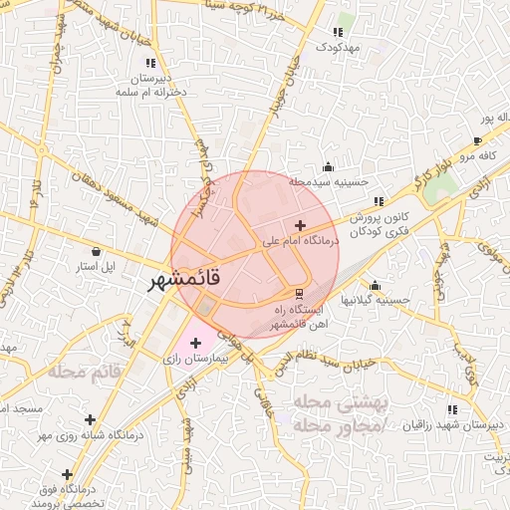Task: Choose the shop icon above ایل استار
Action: click(x=96, y=251)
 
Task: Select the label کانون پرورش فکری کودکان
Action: click(x=380, y=221)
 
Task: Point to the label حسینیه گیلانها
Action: click(x=378, y=299)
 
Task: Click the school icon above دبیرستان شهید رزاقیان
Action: click(x=452, y=409)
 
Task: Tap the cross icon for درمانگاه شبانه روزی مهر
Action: click(x=91, y=419)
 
